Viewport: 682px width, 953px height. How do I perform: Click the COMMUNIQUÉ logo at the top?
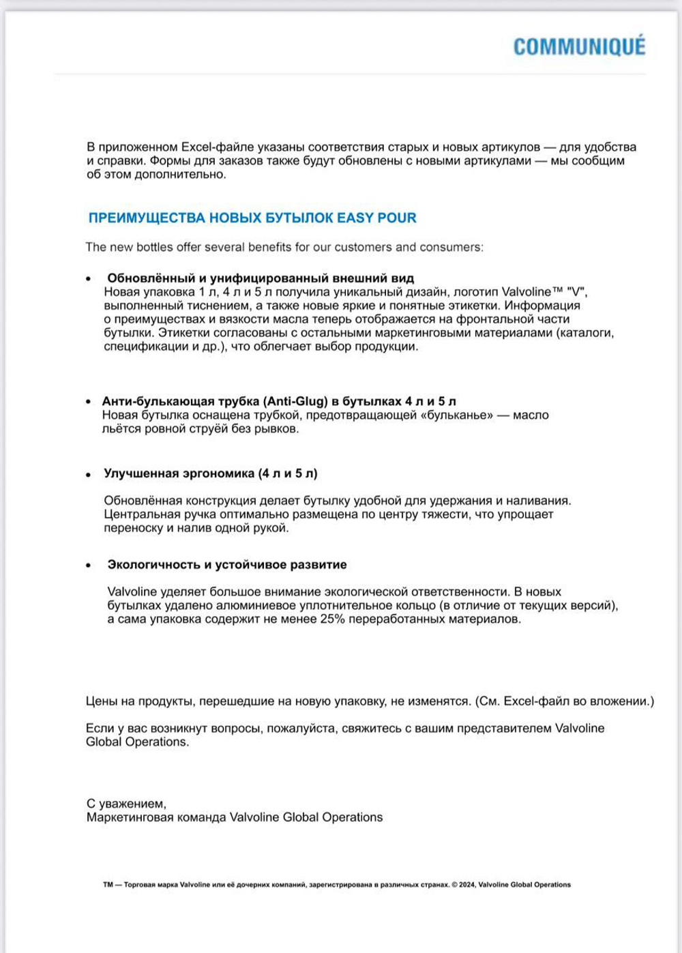[x=579, y=46]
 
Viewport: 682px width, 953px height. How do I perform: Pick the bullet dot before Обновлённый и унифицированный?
[x=89, y=279]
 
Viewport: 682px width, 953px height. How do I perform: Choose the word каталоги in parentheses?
[x=588, y=333]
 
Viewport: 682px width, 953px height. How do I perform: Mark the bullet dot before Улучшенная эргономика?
[x=89, y=474]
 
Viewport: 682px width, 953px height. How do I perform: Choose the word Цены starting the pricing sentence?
[x=102, y=701]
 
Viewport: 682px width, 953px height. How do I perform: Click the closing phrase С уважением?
[x=126, y=804]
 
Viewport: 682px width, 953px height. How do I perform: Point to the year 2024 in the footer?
[x=467, y=885]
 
